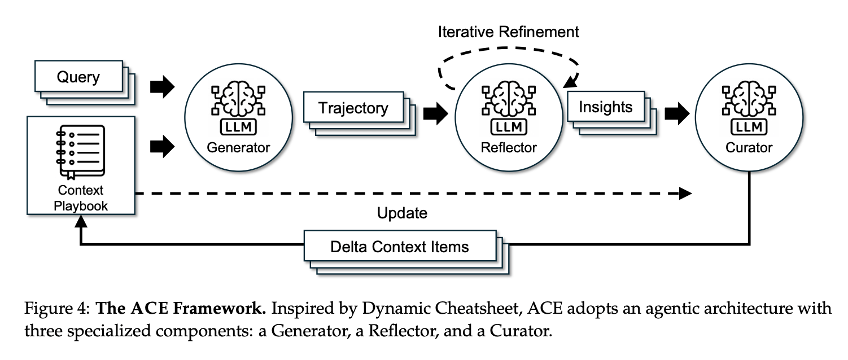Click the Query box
pyautogui.click(x=78, y=77)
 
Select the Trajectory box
pyautogui.click(x=353, y=108)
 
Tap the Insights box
pyautogui.click(x=605, y=107)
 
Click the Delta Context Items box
pyautogui.click(x=400, y=247)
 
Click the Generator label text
pyautogui.click(x=238, y=148)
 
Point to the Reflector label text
pyautogui.click(x=509, y=148)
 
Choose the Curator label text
pyautogui.click(x=749, y=148)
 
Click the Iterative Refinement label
pyautogui.click(x=508, y=32)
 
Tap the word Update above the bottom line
pyautogui.click(x=402, y=213)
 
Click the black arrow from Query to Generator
pyautogui.click(x=162, y=88)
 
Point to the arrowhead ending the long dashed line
pyautogui.click(x=685, y=194)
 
